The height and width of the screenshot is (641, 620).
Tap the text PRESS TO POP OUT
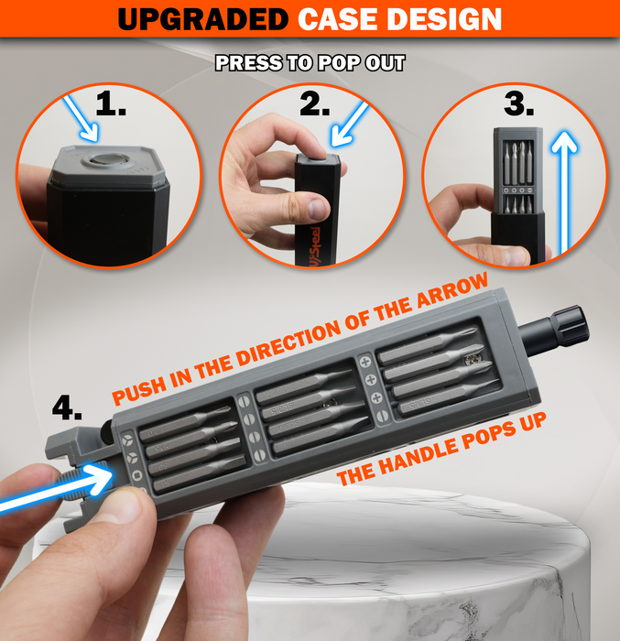coord(310,64)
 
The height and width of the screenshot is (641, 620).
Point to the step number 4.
coord(67,404)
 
